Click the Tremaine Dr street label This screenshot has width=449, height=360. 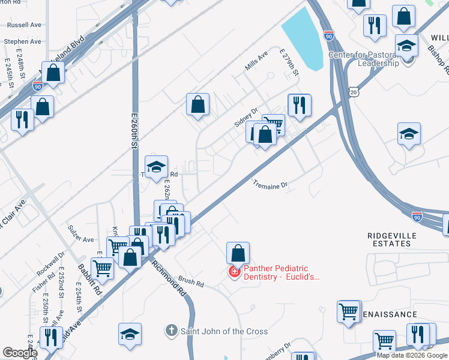pos(270,186)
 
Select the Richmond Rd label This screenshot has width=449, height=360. pos(168,279)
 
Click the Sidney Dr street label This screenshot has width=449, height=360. pos(246,118)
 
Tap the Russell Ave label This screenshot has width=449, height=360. pos(23,26)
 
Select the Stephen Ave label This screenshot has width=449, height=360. pos(22,42)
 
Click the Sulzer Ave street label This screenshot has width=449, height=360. pos(81,239)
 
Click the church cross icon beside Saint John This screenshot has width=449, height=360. pos(171,331)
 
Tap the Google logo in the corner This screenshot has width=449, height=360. pos(19,353)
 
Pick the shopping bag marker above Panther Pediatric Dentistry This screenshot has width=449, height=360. pos(238,254)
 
